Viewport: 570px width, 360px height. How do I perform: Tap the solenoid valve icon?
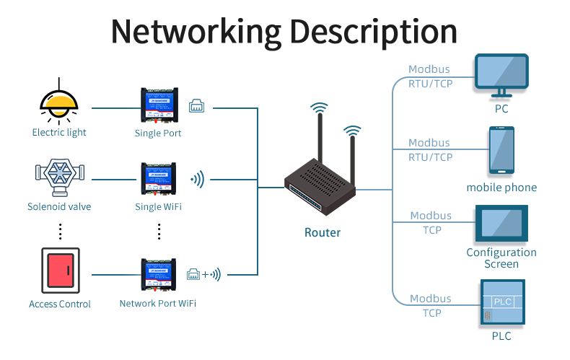point(59,175)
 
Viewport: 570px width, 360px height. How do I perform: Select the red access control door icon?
point(59,272)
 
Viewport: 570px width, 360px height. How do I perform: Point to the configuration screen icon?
point(501,224)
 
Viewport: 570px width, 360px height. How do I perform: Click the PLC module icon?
point(501,303)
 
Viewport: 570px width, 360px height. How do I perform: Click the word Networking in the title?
point(195,32)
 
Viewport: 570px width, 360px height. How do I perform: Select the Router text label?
point(323,232)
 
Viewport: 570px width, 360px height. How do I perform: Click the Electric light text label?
point(59,133)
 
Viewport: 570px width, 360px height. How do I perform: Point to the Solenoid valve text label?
point(59,207)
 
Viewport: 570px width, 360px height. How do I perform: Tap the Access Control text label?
point(60,304)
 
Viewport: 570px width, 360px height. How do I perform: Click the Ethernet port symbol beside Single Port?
point(197,107)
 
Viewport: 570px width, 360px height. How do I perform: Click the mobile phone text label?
point(501,188)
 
